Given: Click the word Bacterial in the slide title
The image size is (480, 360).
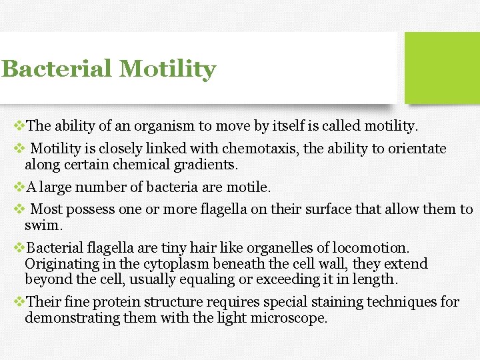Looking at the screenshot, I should [55, 69].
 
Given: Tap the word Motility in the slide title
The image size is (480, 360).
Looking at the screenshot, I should [167, 69].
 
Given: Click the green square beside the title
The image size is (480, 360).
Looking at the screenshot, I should [442, 67].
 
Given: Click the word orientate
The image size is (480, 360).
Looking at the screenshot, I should [415, 149].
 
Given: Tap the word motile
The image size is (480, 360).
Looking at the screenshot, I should [250, 187].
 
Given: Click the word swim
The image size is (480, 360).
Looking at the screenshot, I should [43, 226].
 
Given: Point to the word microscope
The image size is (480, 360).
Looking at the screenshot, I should [289, 318].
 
